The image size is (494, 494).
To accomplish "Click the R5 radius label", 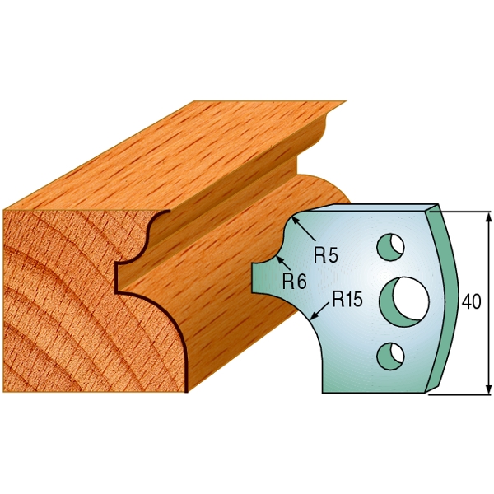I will [x=327, y=255].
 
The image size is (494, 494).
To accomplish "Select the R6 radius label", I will [x=294, y=281].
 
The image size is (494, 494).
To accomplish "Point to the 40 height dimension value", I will [x=472, y=302].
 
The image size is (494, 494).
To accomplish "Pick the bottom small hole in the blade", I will [x=391, y=355].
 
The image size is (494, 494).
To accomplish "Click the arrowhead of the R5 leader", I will [x=294, y=220].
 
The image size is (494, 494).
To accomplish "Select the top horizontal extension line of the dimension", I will [x=466, y=209].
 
